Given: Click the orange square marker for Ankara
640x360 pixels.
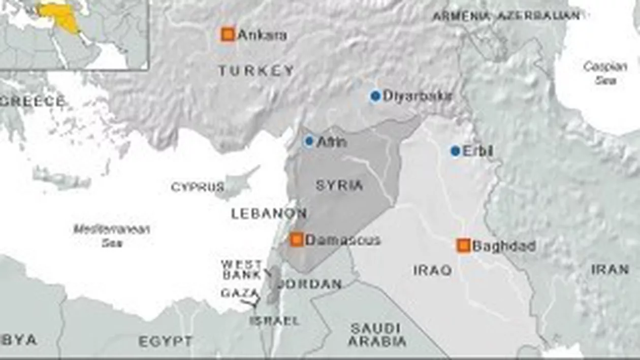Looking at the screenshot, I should (228, 35).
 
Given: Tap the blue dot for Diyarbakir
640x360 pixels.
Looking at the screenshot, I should (375, 95).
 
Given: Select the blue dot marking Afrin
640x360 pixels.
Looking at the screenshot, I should (309, 141).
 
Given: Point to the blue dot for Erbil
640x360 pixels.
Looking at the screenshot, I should (455, 151).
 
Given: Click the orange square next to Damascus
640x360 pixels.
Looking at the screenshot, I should (297, 240).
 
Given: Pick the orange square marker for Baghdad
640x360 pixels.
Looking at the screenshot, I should (463, 246).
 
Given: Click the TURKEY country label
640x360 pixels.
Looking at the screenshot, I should (256, 71).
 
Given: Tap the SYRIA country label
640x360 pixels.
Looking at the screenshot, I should (339, 185).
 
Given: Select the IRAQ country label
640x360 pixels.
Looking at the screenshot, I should (432, 270).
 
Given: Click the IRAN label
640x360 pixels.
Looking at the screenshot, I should (610, 270).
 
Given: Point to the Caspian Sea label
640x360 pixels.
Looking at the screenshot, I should (601, 73).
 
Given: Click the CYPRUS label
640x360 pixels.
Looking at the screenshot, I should (197, 187).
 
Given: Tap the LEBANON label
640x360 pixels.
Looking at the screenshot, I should (269, 214).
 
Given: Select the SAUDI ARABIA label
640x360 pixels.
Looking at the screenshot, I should (377, 335).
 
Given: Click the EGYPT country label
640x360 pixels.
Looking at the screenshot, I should (166, 341).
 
